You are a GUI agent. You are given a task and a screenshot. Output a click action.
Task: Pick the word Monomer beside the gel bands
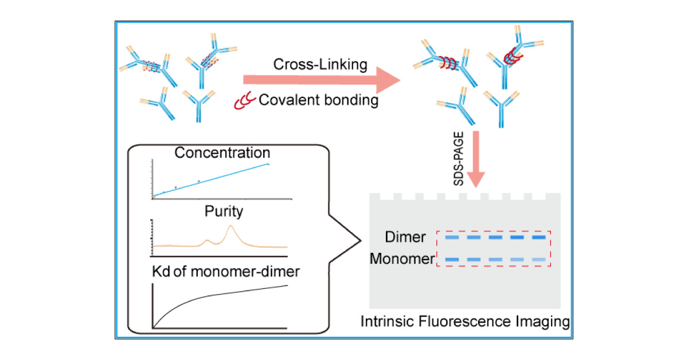tap(402, 259)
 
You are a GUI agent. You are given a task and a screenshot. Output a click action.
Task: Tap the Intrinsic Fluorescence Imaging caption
tap(465, 322)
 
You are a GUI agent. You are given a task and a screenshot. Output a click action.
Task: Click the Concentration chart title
tap(222, 154)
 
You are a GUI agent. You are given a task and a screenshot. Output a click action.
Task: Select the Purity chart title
tap(223, 212)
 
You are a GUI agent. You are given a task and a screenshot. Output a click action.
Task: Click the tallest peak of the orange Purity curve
tap(230, 227)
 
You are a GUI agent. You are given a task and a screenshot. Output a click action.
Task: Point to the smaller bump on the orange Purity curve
tap(208, 240)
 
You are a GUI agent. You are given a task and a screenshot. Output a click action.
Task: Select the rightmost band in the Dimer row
tap(538, 237)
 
